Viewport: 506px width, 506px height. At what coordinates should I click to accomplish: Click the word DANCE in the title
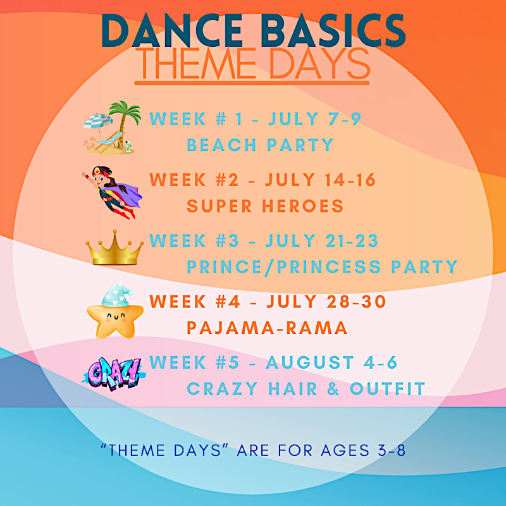[x=172, y=31]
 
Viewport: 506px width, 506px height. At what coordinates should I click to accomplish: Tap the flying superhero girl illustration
[x=113, y=192]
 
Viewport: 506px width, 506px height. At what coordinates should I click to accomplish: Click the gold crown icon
[x=114, y=248]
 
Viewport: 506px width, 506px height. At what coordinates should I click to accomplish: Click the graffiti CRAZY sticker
[x=114, y=374]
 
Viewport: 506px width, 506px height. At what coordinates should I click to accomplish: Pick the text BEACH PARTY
[x=260, y=145]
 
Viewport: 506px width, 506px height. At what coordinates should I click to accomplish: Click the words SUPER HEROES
[x=265, y=206]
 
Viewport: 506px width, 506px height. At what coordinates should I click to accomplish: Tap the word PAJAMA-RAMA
[x=267, y=328]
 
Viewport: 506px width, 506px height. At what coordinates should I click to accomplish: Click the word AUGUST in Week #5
[x=310, y=362]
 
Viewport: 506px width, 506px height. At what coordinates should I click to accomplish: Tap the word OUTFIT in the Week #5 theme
[x=387, y=388]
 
